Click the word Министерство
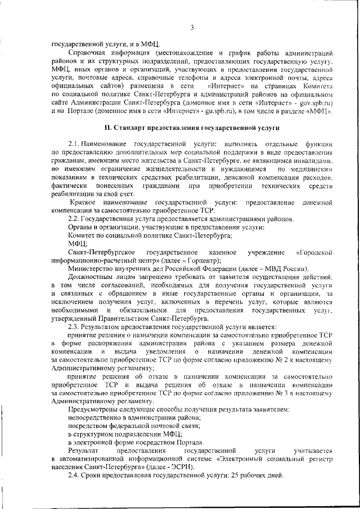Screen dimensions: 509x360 pos(92,269)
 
